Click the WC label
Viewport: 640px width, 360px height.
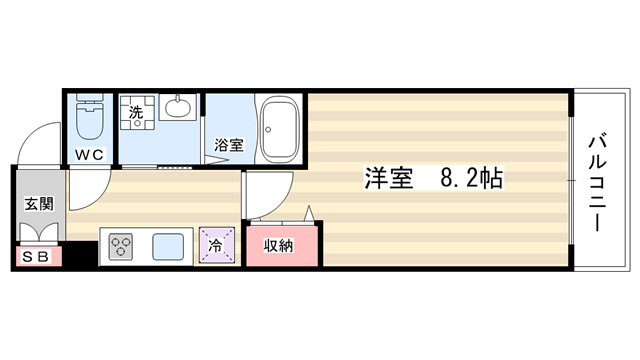(90, 155)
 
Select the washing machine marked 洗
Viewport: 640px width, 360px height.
(137, 113)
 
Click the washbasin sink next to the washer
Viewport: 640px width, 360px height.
(178, 107)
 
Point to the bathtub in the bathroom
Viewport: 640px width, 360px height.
(280, 129)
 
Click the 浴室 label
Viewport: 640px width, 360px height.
(229, 145)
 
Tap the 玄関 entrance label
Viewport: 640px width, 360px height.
(39, 204)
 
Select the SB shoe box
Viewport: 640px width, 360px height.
(36, 257)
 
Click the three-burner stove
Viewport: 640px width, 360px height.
(121, 247)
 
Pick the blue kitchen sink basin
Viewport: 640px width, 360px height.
(168, 247)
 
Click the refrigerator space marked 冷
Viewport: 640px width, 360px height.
(216, 245)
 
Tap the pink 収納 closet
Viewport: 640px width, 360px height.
(282, 246)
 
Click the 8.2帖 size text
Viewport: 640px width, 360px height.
(471, 178)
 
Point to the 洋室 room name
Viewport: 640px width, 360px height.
(389, 178)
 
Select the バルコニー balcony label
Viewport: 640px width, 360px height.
(597, 184)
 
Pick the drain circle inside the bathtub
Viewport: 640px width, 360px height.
(268, 130)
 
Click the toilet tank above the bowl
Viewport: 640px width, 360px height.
(90, 98)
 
